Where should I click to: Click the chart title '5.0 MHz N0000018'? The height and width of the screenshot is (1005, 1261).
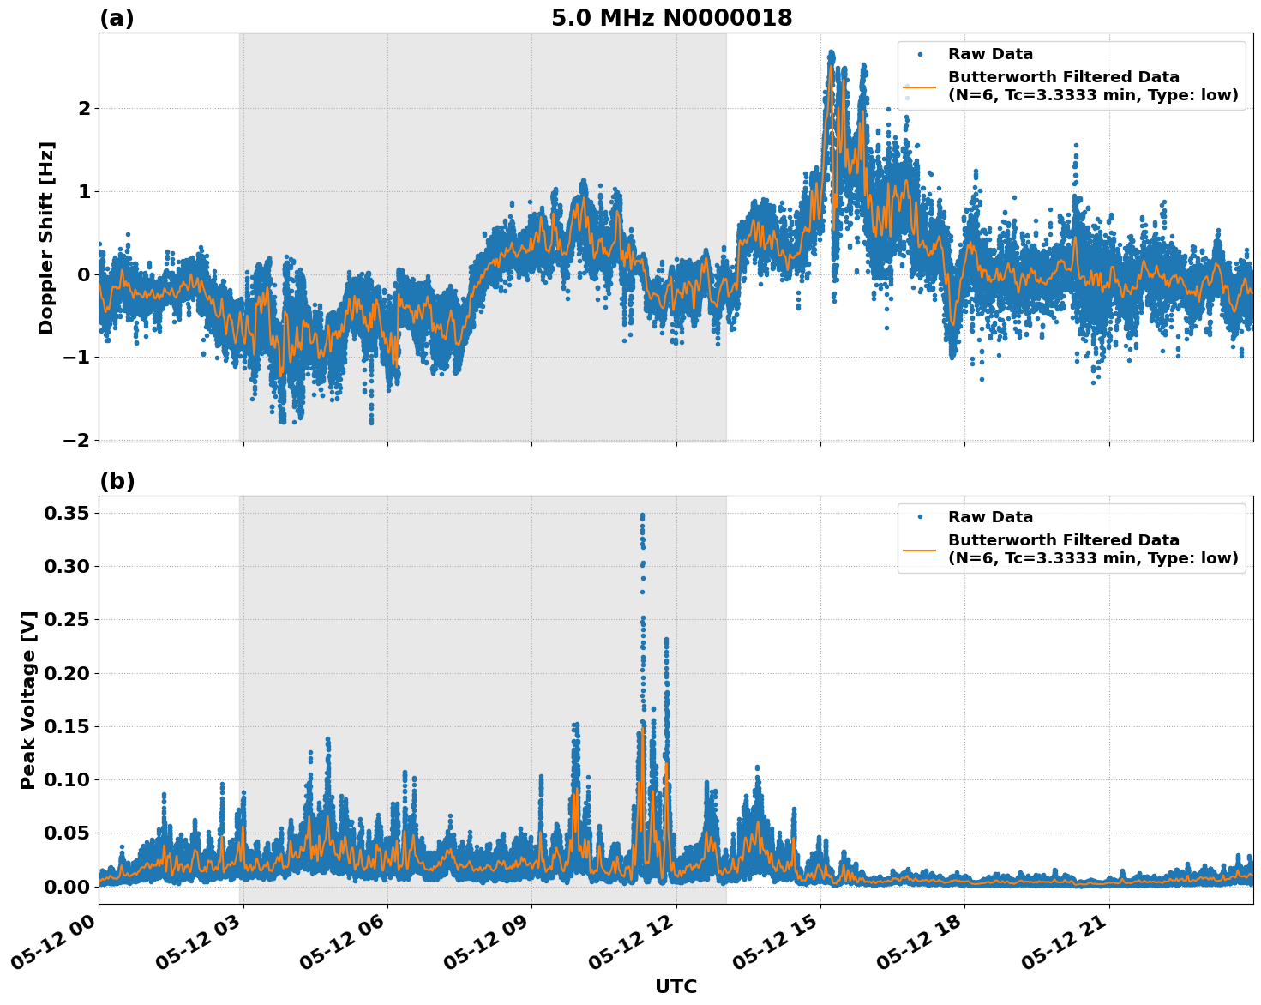(671, 18)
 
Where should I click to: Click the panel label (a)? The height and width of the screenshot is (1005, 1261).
(117, 18)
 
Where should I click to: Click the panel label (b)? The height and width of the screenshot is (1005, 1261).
(117, 481)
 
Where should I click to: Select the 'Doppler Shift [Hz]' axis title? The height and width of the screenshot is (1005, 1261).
(46, 238)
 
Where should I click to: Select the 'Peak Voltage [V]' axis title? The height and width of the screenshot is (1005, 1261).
(28, 700)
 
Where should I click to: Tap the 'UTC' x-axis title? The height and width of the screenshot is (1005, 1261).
(676, 986)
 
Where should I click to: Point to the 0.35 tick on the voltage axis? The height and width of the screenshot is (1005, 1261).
(67, 513)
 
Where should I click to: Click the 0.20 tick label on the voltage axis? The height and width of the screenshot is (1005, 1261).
(67, 673)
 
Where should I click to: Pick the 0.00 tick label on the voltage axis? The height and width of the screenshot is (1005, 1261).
(67, 886)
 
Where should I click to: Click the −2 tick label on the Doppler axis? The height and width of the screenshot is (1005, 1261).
(76, 439)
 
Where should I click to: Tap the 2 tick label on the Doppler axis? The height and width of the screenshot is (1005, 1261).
(84, 108)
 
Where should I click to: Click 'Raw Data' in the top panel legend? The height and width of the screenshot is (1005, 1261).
(990, 54)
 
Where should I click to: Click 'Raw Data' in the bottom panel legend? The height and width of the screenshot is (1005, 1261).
(990, 517)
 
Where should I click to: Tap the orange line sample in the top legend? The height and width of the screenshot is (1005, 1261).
(919, 87)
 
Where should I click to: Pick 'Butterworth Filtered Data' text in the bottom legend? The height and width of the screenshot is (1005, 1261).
(1063, 540)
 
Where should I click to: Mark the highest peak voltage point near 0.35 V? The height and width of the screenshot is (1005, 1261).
(642, 515)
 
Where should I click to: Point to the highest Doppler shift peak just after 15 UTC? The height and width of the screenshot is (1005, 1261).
(831, 53)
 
